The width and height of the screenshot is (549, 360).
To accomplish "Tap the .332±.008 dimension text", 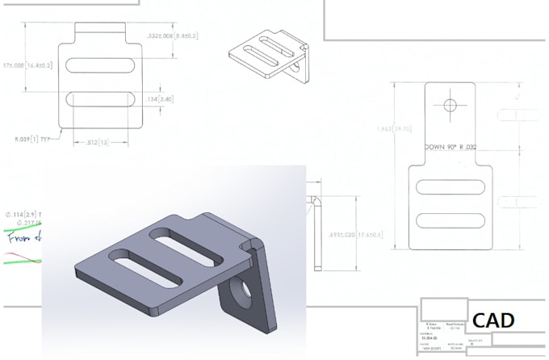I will point(173,36).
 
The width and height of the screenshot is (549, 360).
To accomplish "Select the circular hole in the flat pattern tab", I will point(451,105).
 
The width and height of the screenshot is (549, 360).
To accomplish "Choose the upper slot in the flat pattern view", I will point(451,187).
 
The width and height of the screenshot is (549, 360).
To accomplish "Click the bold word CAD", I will point(493,320).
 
